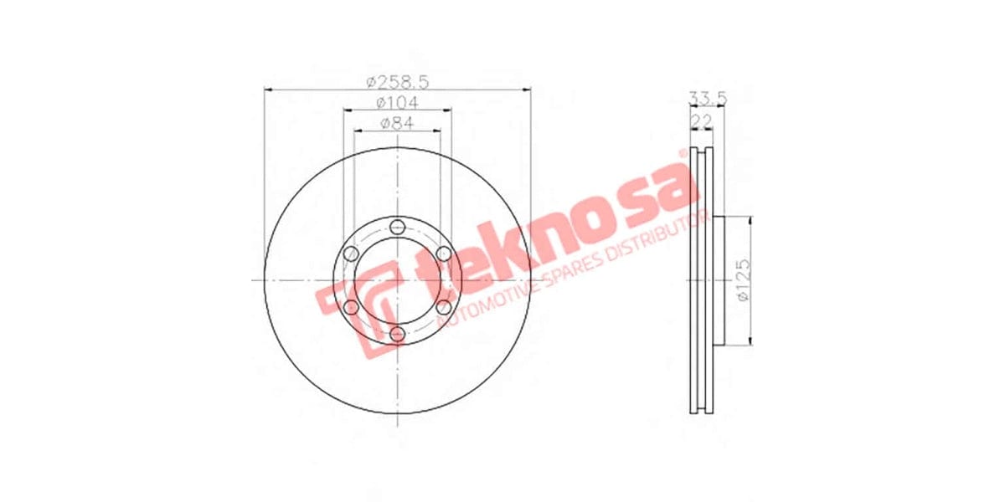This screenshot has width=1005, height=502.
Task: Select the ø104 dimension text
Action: (x=397, y=102)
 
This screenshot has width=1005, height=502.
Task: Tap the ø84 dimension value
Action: (x=397, y=123)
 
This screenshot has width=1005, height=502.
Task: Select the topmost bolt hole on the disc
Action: (x=397, y=226)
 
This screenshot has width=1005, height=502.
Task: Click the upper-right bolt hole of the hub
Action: (x=444, y=254)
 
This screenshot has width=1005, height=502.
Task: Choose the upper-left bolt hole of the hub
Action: (x=351, y=254)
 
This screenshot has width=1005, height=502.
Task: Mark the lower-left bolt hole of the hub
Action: (x=351, y=308)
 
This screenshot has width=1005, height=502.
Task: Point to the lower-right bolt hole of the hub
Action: (x=444, y=308)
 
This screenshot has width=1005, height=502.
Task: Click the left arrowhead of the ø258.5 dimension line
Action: (x=269, y=89)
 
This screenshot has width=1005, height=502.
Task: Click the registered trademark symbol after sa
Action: (x=683, y=154)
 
